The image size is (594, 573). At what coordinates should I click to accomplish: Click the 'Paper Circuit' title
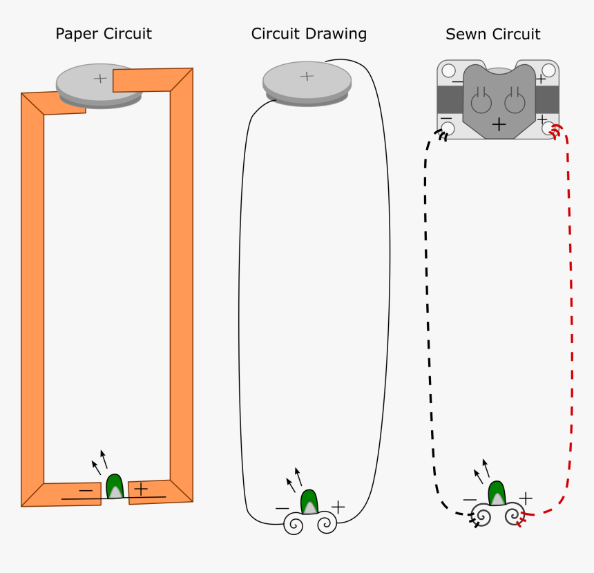pyautogui.click(x=104, y=33)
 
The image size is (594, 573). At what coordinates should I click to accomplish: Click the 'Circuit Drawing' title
pyautogui.click(x=309, y=33)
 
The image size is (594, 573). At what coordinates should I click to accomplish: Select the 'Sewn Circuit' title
pyautogui.click(x=492, y=34)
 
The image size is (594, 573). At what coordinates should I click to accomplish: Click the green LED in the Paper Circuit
pyautogui.click(x=115, y=486)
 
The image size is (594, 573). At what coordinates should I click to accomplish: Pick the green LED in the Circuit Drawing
pyautogui.click(x=309, y=502)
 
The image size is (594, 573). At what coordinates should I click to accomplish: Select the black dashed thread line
pyautogui.click(x=428, y=311)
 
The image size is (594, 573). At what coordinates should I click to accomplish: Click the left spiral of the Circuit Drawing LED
pyautogui.click(x=294, y=525)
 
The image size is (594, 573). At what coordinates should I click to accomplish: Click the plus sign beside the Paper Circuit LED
pyautogui.click(x=141, y=489)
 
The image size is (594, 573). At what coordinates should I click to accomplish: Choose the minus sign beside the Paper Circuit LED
pyautogui.click(x=86, y=490)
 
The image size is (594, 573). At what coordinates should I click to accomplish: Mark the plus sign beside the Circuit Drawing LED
pyautogui.click(x=338, y=507)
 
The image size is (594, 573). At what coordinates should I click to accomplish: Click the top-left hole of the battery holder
pyautogui.click(x=448, y=70)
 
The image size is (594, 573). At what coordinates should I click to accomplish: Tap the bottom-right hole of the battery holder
pyautogui.click(x=549, y=128)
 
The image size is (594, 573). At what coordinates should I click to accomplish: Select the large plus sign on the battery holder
pyautogui.click(x=499, y=124)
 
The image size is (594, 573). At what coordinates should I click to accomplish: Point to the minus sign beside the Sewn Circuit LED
pyautogui.click(x=470, y=499)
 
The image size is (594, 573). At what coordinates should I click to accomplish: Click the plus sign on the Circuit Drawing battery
pyautogui.click(x=307, y=75)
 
